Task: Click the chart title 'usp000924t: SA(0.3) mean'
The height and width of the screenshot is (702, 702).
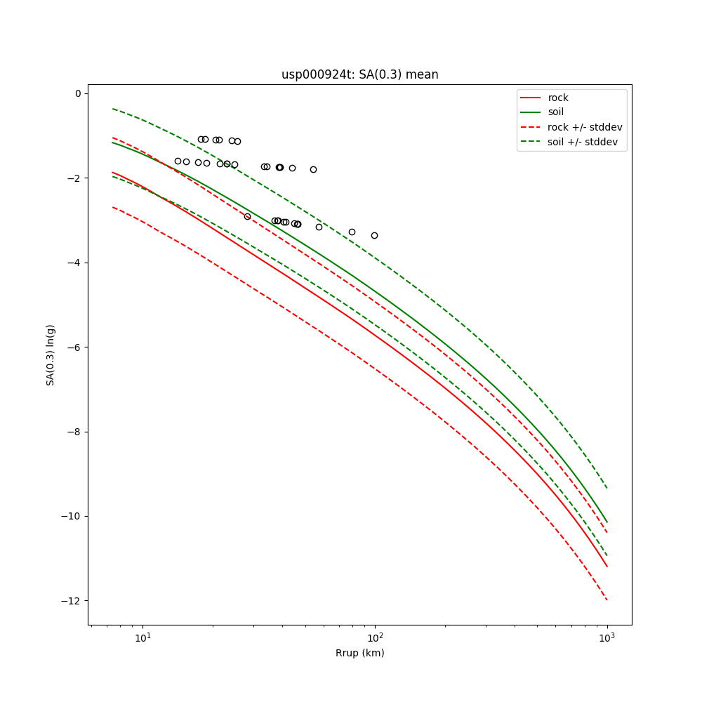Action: tap(359, 74)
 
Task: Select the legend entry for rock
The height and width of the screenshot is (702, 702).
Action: tap(558, 98)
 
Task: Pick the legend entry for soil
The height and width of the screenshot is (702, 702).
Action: tap(556, 112)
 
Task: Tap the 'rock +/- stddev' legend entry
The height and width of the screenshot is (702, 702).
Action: tap(585, 127)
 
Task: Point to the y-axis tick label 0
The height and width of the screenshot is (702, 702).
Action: tap(77, 93)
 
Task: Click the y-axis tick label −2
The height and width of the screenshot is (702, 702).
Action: tap(74, 178)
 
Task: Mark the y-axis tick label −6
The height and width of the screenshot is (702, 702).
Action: tap(74, 347)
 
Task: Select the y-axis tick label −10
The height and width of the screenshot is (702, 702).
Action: tap(72, 517)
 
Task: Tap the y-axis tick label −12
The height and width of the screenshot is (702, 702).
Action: tap(72, 601)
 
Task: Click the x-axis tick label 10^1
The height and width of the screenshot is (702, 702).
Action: tap(143, 637)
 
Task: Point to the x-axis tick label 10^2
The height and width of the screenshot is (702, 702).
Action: tap(375, 637)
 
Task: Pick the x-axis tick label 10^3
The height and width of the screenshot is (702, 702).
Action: tap(607, 637)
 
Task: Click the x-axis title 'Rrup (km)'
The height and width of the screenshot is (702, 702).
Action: tap(359, 653)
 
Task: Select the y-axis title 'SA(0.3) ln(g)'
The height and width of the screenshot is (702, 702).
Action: tap(51, 355)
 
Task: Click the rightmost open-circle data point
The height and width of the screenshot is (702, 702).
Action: tap(374, 235)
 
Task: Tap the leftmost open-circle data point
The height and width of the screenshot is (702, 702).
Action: tap(178, 161)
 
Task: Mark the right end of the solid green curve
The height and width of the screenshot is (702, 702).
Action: tap(607, 522)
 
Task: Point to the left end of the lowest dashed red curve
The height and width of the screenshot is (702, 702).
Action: tap(112, 207)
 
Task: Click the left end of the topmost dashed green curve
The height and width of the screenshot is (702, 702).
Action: tap(112, 109)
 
